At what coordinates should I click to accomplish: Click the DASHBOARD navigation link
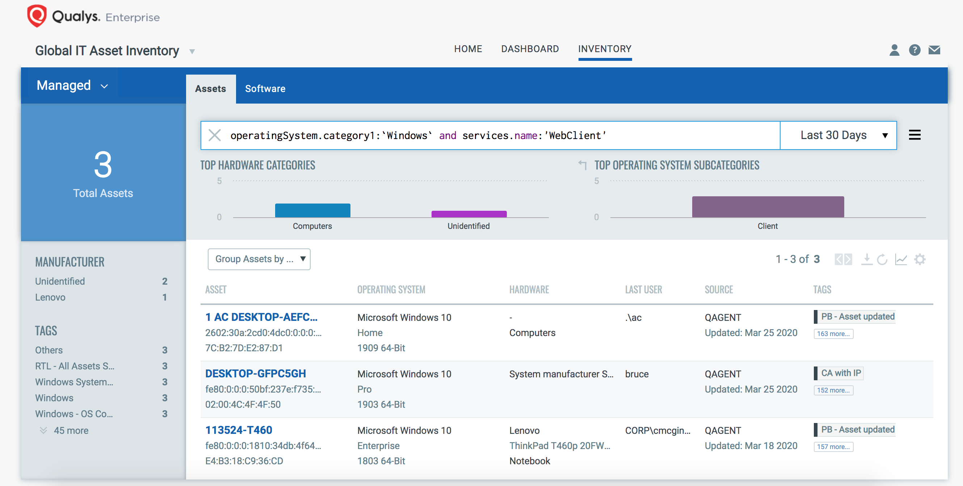[x=530, y=49]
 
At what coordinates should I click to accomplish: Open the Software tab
[x=265, y=89]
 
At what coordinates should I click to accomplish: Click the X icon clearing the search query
[x=215, y=135]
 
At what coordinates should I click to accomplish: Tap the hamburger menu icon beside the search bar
[x=914, y=135]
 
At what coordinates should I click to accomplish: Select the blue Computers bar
[x=312, y=210]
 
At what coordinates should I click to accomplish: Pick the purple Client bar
[x=768, y=207]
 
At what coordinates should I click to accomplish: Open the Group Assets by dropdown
[x=259, y=259]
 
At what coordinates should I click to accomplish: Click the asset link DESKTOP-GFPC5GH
[x=256, y=373]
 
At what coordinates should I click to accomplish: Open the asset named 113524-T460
[x=239, y=430]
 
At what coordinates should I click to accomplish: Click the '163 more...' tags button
[x=833, y=334]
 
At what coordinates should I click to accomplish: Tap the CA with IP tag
[x=841, y=373]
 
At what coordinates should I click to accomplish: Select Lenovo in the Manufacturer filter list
[x=50, y=297]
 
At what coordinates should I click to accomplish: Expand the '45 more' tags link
[x=71, y=430]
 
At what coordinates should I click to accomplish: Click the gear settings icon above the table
[x=920, y=259]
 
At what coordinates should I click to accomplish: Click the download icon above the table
[x=867, y=259]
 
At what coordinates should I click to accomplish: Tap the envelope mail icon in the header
[x=934, y=50]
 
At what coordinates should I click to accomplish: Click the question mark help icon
[x=914, y=50]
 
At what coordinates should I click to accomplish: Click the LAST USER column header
[x=643, y=290]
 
